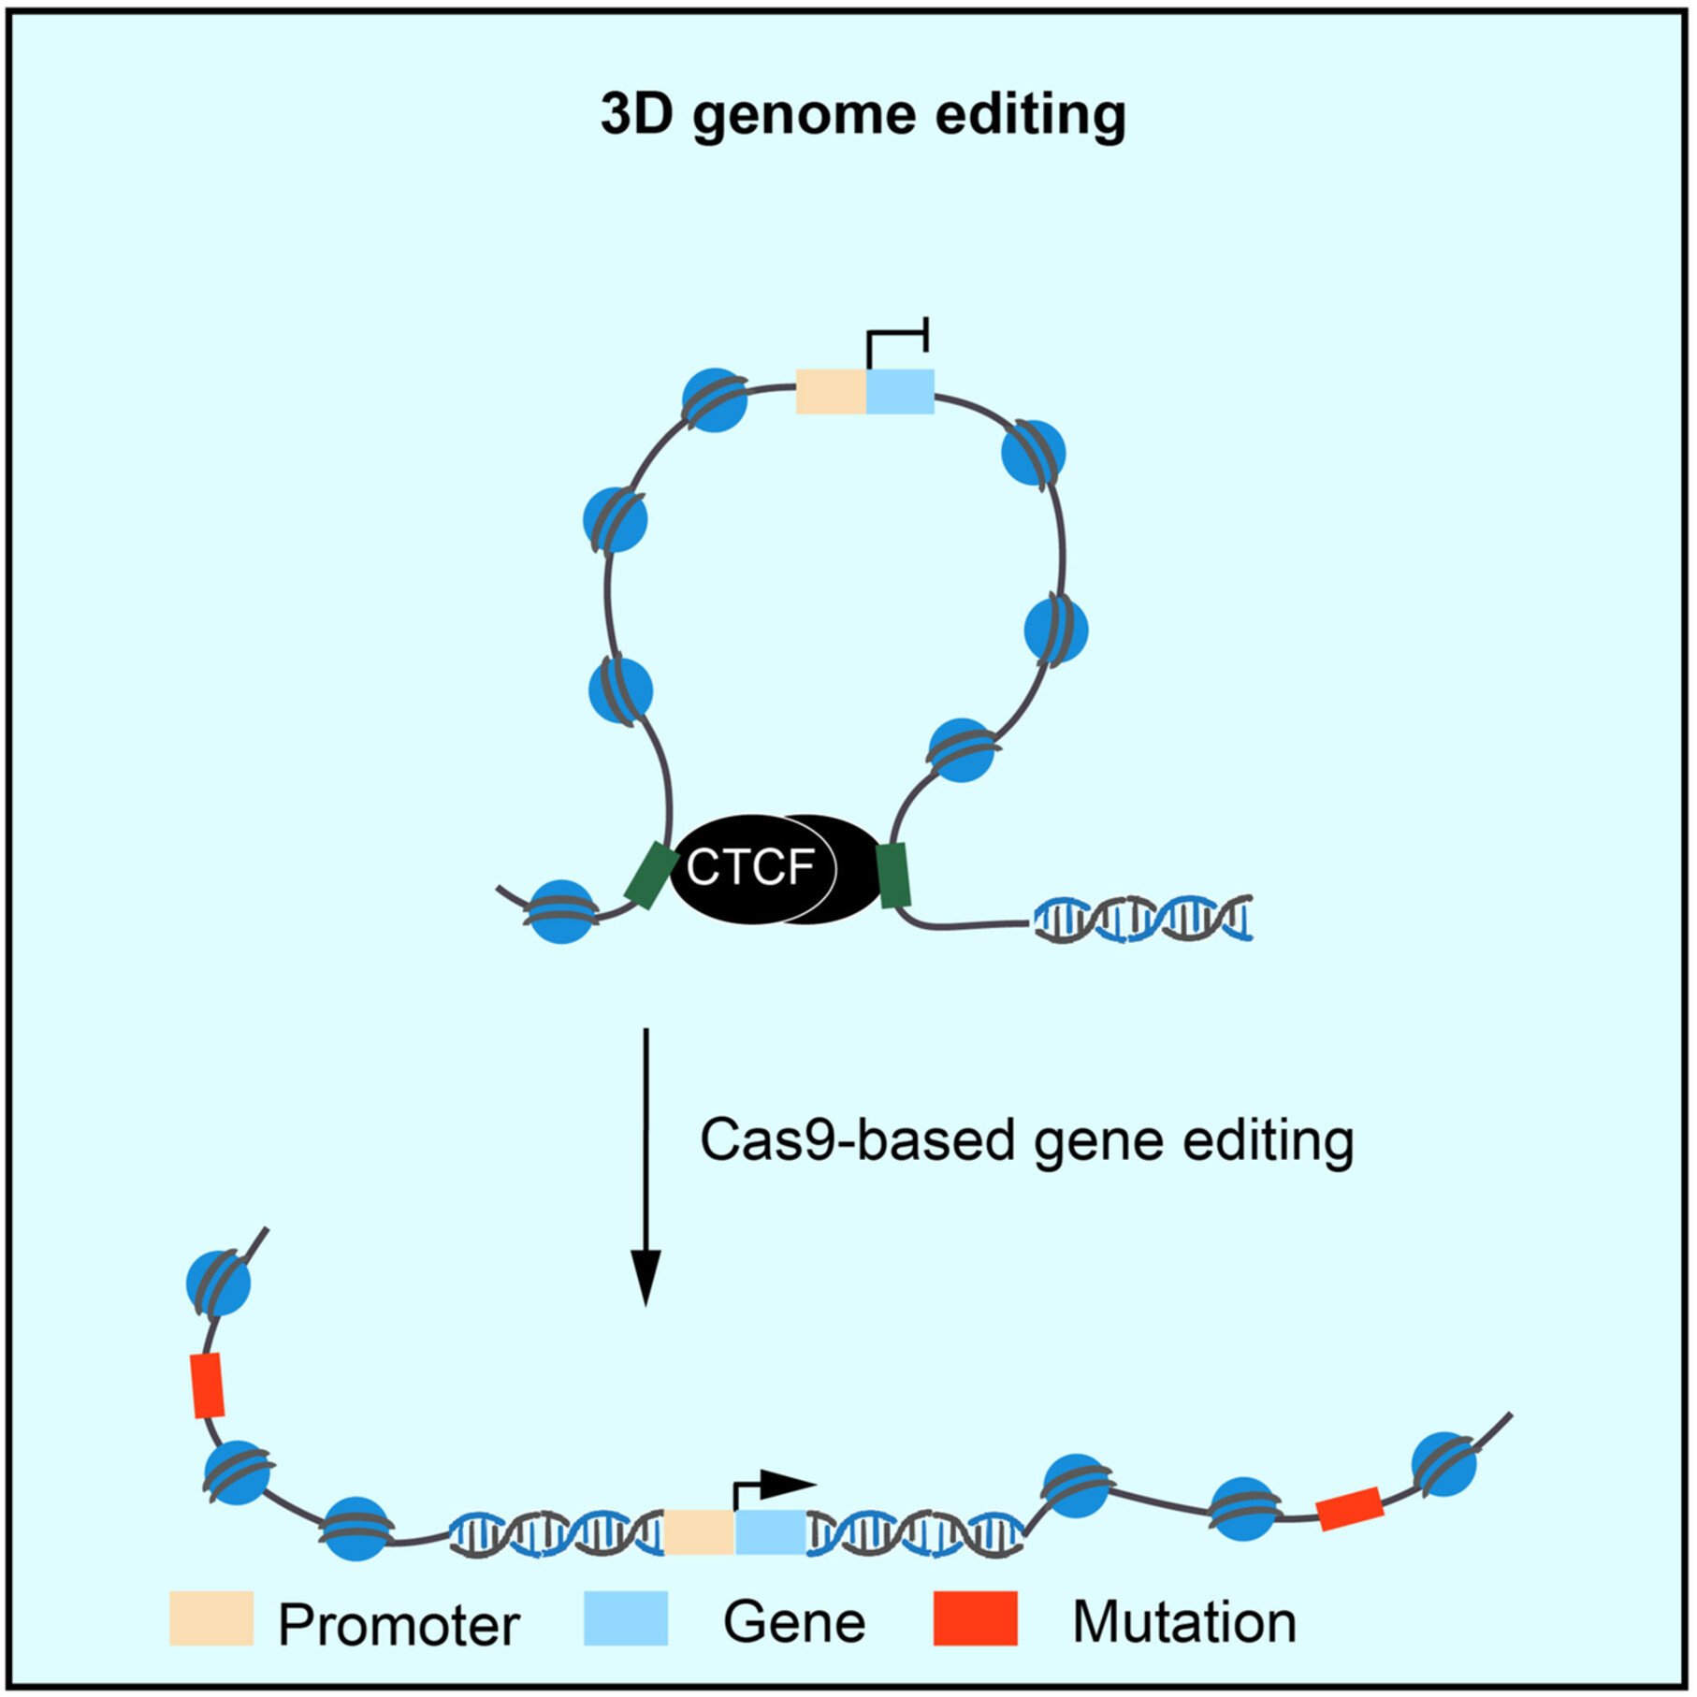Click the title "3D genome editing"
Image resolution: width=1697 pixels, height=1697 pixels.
coord(863,116)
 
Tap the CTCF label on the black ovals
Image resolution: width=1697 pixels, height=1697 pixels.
coord(750,867)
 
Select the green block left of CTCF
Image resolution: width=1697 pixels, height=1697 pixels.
coord(651,875)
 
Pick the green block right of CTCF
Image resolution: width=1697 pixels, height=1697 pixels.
coord(895,875)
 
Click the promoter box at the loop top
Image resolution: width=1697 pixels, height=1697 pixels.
coord(831,392)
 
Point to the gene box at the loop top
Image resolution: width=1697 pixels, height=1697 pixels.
coord(900,392)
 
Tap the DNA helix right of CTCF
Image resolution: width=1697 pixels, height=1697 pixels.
coord(1142,919)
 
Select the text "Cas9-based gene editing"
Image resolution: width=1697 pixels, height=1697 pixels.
coord(1026,1141)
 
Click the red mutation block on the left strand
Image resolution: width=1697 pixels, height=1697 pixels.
coord(207,1385)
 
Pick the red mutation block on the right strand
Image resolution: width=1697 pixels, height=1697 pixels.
coord(1349,1509)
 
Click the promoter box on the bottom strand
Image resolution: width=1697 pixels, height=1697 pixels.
coord(699,1531)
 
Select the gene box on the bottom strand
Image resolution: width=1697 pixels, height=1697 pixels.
coord(770,1531)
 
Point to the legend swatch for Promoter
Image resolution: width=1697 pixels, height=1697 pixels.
coord(211,1618)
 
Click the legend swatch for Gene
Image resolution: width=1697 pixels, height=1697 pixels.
coord(626,1618)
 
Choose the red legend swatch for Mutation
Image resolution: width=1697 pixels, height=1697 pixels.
coord(975,1618)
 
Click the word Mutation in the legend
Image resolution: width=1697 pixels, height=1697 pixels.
coord(1183,1621)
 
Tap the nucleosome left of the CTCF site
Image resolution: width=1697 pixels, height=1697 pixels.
coord(561,911)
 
